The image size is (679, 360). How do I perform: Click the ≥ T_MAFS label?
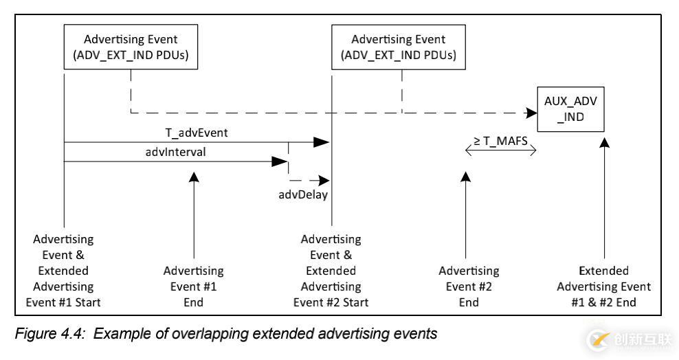click(x=501, y=142)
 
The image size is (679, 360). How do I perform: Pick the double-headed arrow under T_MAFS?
click(x=501, y=152)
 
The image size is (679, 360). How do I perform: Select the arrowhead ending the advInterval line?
click(x=280, y=162)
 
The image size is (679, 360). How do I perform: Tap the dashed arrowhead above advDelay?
click(x=315, y=181)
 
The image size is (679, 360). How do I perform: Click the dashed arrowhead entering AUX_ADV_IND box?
click(x=531, y=113)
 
